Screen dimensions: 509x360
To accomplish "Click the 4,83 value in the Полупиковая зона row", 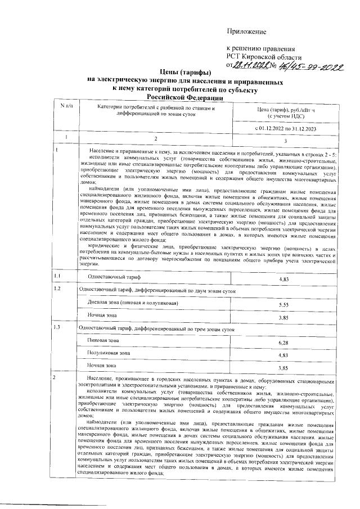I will [283, 355].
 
